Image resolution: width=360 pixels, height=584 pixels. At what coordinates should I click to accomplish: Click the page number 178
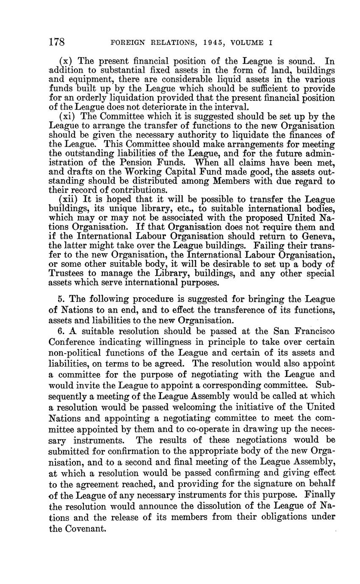point(57,42)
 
